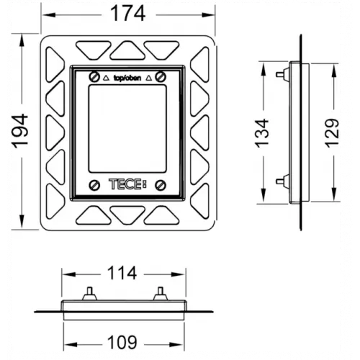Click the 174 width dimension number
126,13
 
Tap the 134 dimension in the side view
264,130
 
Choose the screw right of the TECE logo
160,184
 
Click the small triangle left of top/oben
107,76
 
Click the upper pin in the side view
279,73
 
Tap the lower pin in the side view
279,181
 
